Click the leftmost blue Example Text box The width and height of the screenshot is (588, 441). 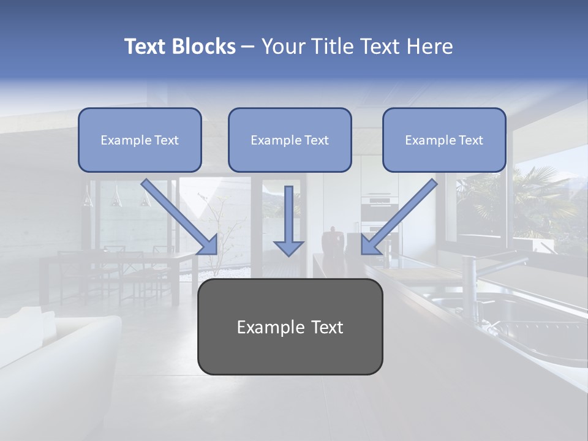(140, 140)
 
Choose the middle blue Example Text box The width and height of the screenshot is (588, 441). (290, 140)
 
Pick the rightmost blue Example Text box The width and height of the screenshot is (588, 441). (444, 140)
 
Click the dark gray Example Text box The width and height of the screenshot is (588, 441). (290, 327)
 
